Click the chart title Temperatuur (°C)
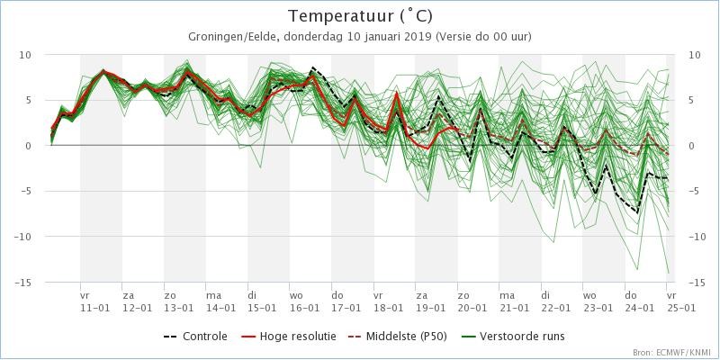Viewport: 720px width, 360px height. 360,16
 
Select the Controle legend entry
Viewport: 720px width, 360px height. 195,337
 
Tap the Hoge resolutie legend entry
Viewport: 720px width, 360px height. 288,337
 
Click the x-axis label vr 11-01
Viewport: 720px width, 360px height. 95,301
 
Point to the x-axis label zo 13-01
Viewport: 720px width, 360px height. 179,301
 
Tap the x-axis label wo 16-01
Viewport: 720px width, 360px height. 304,301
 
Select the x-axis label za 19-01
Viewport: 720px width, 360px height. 430,301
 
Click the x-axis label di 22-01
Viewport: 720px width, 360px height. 556,301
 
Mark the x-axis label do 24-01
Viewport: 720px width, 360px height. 640,301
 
